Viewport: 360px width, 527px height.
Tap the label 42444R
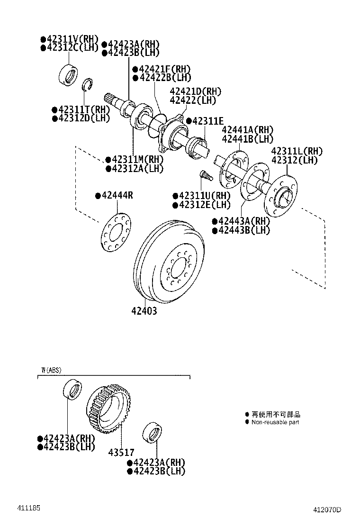point(117,195)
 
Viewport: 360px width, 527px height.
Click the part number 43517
point(122,453)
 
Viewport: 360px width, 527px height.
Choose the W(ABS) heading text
point(51,370)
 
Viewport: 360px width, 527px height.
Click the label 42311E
point(207,121)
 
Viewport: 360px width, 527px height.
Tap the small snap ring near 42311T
point(87,85)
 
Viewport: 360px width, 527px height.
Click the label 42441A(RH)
point(247,130)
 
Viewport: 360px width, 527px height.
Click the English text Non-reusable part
point(275,422)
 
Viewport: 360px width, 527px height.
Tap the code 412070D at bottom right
point(327,510)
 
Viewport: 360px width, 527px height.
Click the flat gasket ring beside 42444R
point(116,232)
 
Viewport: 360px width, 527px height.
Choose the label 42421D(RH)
point(195,91)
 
